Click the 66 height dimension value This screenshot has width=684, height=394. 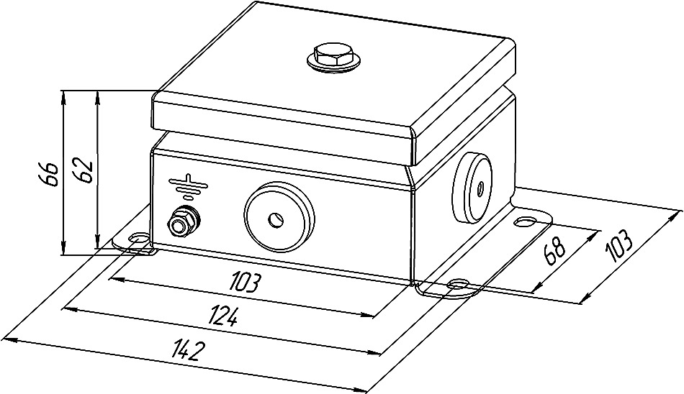[48, 173]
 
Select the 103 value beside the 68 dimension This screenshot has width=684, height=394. [618, 246]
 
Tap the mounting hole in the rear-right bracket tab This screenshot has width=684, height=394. [526, 219]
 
